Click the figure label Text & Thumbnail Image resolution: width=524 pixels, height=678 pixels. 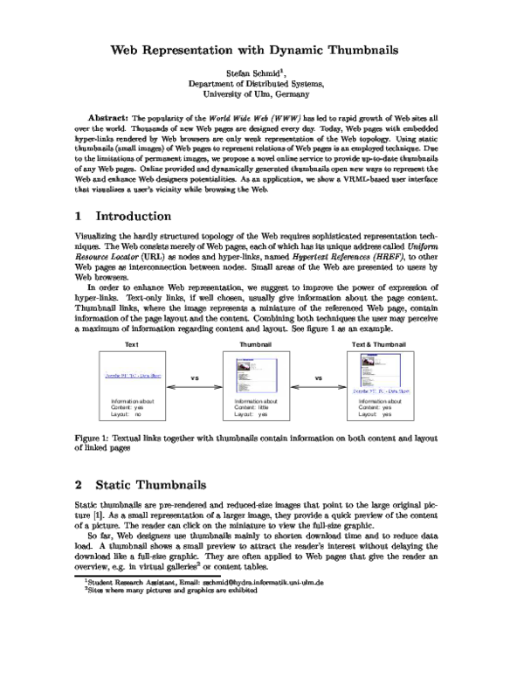(x=378, y=344)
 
